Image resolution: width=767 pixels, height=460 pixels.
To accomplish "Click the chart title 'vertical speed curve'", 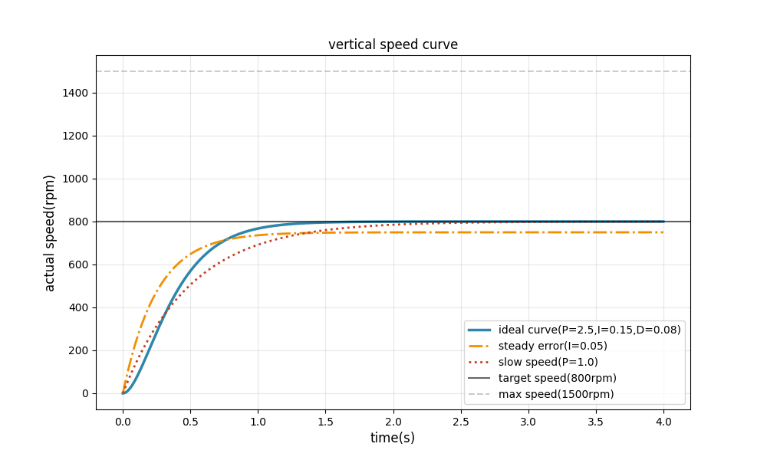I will pos(393,44).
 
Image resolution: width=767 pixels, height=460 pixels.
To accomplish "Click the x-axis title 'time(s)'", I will pos(393,438).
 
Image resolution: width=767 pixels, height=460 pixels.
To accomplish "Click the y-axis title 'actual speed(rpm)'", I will pos(50,233).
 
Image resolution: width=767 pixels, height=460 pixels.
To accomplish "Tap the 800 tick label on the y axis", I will pos(79,222).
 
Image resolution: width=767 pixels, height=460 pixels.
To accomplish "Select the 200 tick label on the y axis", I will pos(79,350).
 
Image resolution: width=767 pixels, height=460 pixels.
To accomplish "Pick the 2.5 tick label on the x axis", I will pos(460,420).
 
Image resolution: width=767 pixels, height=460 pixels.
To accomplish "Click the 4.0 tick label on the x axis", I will pos(663,420).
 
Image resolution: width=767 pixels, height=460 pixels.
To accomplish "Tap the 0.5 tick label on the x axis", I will pos(190,420).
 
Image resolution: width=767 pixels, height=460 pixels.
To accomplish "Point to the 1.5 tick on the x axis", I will pos(325,420).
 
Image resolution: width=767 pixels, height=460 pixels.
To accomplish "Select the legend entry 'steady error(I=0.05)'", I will pos(552,346).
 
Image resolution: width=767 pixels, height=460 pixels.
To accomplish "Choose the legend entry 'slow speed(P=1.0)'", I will pos(548,362).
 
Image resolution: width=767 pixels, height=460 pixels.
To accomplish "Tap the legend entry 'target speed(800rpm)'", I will pos(557,378).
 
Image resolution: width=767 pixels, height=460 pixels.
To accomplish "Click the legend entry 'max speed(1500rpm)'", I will pos(556,394).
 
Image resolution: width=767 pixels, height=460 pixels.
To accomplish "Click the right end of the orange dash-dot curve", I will pos(663,232).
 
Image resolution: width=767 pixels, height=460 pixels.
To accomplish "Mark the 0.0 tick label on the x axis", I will pos(123,420).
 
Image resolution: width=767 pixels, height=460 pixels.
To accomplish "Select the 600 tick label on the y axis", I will pos(79,264).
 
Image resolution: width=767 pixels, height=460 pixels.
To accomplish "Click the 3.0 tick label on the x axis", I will pos(528,420).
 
